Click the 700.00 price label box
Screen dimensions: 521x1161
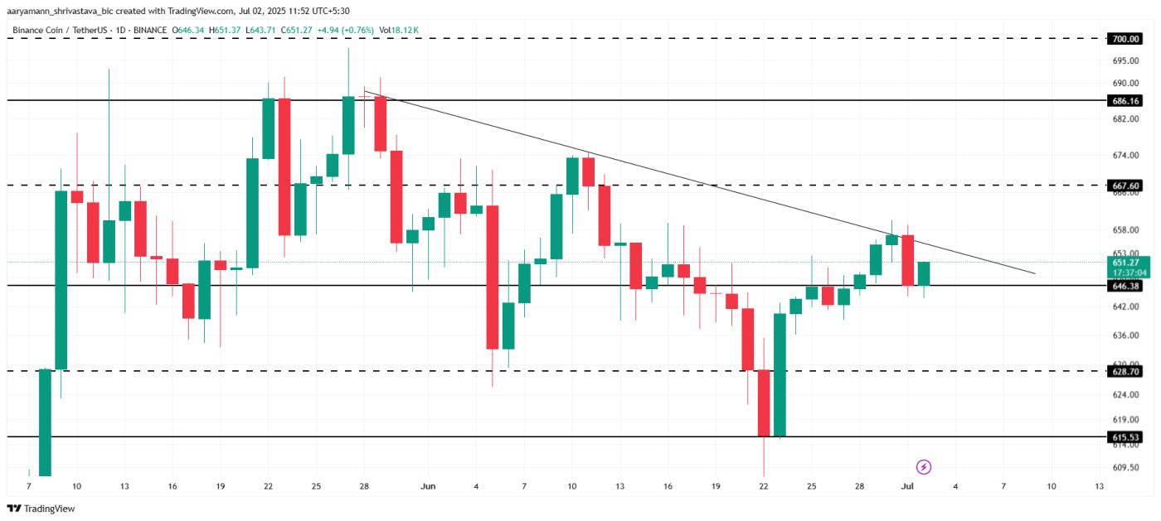click(1125, 38)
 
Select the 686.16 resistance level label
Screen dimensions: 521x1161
click(1125, 99)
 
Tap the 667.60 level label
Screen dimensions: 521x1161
click(1125, 185)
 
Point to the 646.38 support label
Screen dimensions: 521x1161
click(1125, 285)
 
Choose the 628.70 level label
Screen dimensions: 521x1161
click(1125, 371)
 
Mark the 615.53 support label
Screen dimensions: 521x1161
click(1125, 436)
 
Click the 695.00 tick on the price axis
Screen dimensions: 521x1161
click(1125, 60)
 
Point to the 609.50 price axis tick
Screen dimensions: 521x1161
click(1125, 467)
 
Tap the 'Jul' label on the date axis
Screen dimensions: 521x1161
click(908, 486)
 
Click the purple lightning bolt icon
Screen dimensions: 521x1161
click(924, 467)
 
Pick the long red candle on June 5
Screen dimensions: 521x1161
click(493, 277)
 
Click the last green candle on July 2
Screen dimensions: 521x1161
click(924, 273)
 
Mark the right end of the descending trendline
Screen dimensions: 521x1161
click(1035, 273)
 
